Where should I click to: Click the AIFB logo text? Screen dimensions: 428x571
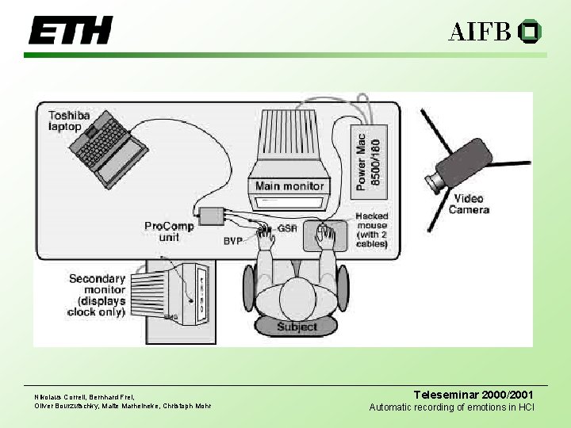[479, 32]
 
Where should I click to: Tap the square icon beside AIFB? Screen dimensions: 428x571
[529, 32]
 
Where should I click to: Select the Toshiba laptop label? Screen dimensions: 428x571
[69, 120]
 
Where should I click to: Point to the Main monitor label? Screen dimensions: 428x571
[289, 187]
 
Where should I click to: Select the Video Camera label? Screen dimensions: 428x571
[469, 204]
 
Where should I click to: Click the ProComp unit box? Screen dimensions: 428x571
[212, 215]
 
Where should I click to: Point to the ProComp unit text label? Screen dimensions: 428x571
[168, 231]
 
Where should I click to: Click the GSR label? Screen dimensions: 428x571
[287, 228]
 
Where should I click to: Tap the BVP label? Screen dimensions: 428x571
[232, 239]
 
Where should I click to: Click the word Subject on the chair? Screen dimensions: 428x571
[297, 327]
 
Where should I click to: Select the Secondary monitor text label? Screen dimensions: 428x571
[97, 295]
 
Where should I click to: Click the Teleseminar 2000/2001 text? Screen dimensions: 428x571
[474, 394]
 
